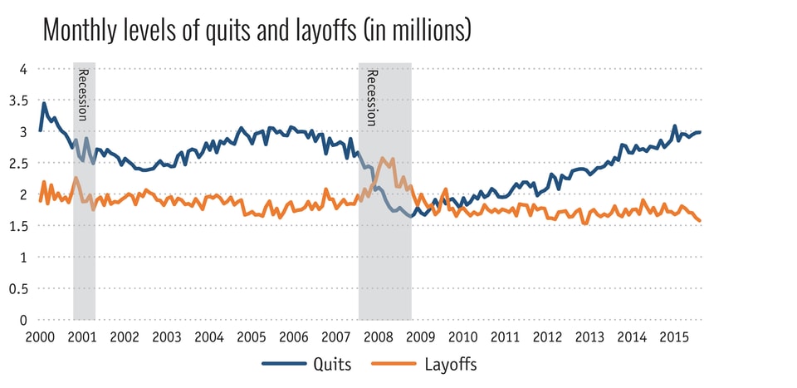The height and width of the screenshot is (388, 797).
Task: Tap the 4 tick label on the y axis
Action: tap(24, 69)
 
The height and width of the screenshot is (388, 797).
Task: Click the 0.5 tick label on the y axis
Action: tap(20, 288)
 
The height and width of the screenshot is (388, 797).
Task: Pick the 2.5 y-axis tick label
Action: tap(20, 163)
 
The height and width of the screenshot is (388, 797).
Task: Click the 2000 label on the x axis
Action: tap(39, 337)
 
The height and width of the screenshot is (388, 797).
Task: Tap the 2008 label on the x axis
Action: tap(379, 337)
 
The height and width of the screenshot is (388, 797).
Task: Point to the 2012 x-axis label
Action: tap(549, 337)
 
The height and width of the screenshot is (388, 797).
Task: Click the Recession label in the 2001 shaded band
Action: tap(83, 95)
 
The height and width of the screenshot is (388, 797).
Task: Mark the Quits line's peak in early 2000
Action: tap(44, 103)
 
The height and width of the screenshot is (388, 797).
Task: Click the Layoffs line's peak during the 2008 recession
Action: tap(382, 158)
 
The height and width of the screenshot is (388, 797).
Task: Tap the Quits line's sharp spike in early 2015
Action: tap(674, 126)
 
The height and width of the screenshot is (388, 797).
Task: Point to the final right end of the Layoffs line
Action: tap(700, 221)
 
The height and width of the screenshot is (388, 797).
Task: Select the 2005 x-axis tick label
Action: tap(252, 337)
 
